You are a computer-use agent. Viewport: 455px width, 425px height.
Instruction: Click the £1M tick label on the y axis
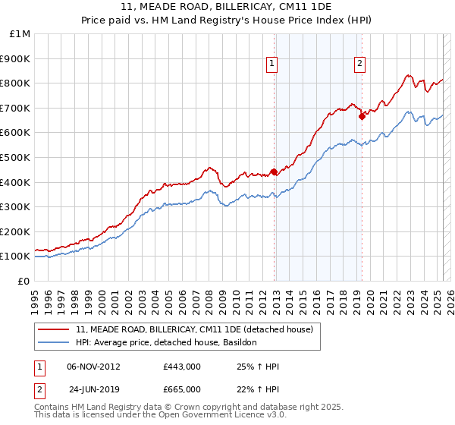pyautogui.click(x=20, y=34)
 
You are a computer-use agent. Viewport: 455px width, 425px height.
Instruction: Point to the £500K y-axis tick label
pyautogui.click(x=17, y=157)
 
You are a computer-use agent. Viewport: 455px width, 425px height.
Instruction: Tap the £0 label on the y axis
pyautogui.click(x=24, y=281)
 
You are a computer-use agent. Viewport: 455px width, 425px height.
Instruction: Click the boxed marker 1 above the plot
pyautogui.click(x=271, y=65)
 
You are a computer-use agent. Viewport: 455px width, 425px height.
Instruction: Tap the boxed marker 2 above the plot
pyautogui.click(x=359, y=65)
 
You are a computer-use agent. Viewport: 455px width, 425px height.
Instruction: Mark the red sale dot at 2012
pyautogui.click(x=274, y=171)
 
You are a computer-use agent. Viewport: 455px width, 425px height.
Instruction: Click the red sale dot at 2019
pyautogui.click(x=362, y=116)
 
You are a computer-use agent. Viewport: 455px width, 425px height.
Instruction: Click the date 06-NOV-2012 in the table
pyautogui.click(x=94, y=367)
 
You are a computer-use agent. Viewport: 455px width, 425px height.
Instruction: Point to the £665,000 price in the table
pyautogui.click(x=182, y=389)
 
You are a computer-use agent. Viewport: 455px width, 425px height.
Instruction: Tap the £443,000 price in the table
pyautogui.click(x=182, y=367)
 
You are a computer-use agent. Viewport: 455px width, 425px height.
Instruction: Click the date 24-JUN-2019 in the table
pyautogui.click(x=94, y=389)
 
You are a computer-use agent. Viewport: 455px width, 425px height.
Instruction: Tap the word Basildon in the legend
pyautogui.click(x=240, y=342)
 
